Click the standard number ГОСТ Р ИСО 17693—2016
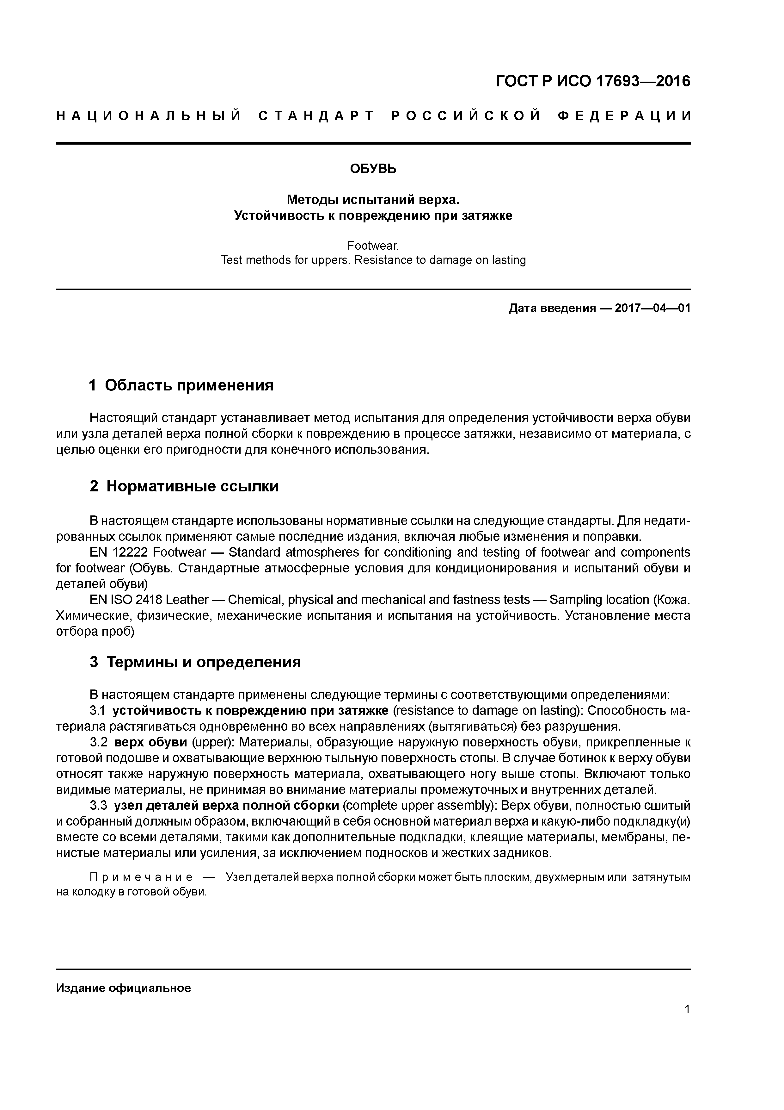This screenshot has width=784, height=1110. point(593,81)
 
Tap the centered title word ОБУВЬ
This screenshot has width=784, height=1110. point(373,169)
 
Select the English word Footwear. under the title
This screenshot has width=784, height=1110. point(373,246)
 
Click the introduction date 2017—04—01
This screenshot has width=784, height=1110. point(652,308)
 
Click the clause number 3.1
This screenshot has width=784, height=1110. point(97,711)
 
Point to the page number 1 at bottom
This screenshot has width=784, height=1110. point(687,1009)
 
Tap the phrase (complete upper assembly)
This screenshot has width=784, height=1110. point(419,805)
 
